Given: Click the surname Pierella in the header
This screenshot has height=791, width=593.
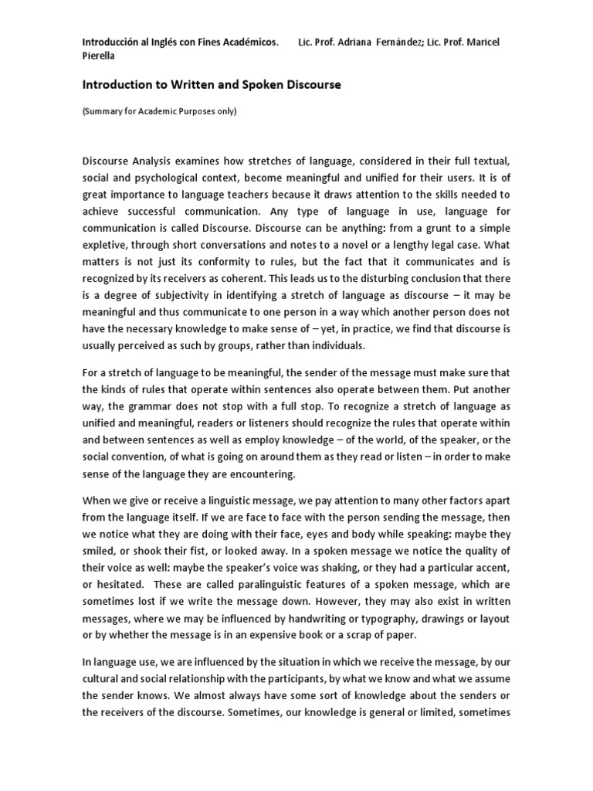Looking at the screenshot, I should tap(101, 56).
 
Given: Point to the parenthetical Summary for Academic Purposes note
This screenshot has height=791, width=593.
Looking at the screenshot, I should tap(159, 111).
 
